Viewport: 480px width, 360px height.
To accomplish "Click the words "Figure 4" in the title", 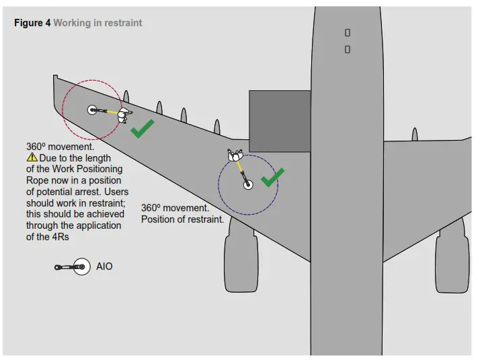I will (x=32, y=23).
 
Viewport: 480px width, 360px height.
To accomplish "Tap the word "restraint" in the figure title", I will (x=122, y=23).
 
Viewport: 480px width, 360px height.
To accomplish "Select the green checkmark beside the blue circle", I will (x=272, y=177).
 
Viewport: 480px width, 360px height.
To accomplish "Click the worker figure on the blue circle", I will (x=236, y=157).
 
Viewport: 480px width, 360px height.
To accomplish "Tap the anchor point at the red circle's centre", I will (x=92, y=110).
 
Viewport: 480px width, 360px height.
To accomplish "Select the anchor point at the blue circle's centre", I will (x=247, y=184).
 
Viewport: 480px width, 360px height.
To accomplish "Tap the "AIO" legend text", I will (x=104, y=267).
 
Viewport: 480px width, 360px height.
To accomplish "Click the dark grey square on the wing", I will (x=280, y=120).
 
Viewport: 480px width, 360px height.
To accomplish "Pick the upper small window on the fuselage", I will (x=348, y=32).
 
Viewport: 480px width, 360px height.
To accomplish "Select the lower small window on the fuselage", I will (x=348, y=49).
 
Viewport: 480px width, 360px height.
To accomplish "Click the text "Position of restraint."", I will (x=182, y=220).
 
